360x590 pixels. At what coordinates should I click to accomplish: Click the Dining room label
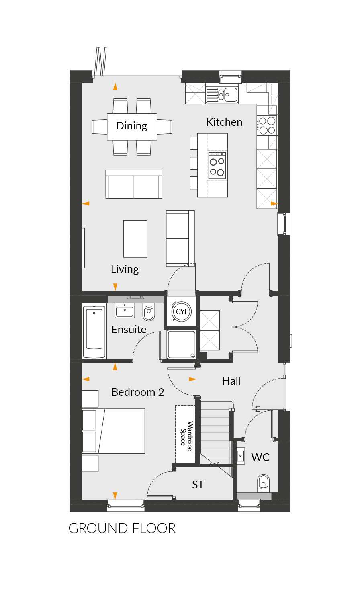coord(131,126)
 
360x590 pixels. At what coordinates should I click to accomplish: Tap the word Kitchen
coord(224,122)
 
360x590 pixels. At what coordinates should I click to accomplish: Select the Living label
coord(125,269)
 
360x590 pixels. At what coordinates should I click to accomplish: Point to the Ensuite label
coord(129,330)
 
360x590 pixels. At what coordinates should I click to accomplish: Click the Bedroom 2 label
coord(138,392)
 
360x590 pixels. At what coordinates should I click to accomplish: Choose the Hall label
coord(231,381)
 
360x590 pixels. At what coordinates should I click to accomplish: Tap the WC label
coord(260,457)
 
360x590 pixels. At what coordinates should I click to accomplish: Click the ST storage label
coord(198,485)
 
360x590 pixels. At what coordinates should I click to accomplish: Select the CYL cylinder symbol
coord(182,311)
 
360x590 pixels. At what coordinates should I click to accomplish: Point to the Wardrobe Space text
coord(186,436)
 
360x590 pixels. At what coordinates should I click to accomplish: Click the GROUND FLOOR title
coord(122,528)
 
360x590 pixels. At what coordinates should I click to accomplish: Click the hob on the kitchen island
coord(217,166)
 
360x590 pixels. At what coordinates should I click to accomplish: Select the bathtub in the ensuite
coord(94,331)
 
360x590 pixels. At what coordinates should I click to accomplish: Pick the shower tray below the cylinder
coord(182,344)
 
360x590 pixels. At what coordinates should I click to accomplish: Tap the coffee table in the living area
coord(135,239)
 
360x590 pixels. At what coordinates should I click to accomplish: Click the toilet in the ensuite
coord(149,312)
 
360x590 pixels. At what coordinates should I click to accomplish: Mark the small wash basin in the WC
coord(240,455)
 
